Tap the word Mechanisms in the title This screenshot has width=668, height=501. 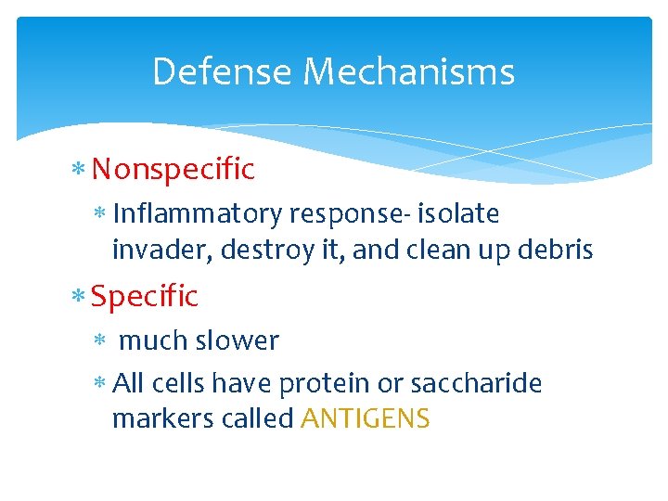tap(408, 71)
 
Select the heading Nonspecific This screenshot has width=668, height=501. tap(173, 169)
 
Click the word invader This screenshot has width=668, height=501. tap(150, 250)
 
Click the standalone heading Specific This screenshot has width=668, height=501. tap(145, 297)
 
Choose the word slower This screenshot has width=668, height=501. tap(238, 341)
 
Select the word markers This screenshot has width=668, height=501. tap(151, 419)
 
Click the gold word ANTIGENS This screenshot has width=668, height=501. tap(366, 419)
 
